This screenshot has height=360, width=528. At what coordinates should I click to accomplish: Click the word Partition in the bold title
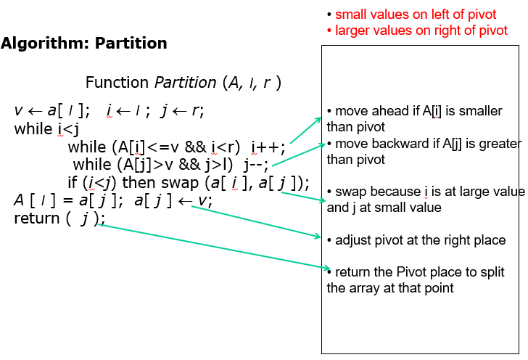131,43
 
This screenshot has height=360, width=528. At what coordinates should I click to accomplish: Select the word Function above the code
117,82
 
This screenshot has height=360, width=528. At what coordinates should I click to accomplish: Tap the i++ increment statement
268,147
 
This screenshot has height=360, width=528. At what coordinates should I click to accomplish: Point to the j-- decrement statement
256,165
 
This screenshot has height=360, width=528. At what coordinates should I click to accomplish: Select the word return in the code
37,218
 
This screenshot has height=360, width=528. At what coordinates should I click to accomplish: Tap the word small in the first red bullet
350,15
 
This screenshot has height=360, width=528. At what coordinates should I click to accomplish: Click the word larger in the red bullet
352,30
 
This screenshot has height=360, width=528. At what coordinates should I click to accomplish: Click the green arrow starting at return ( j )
215,247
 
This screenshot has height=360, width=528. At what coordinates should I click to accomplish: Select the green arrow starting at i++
306,130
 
